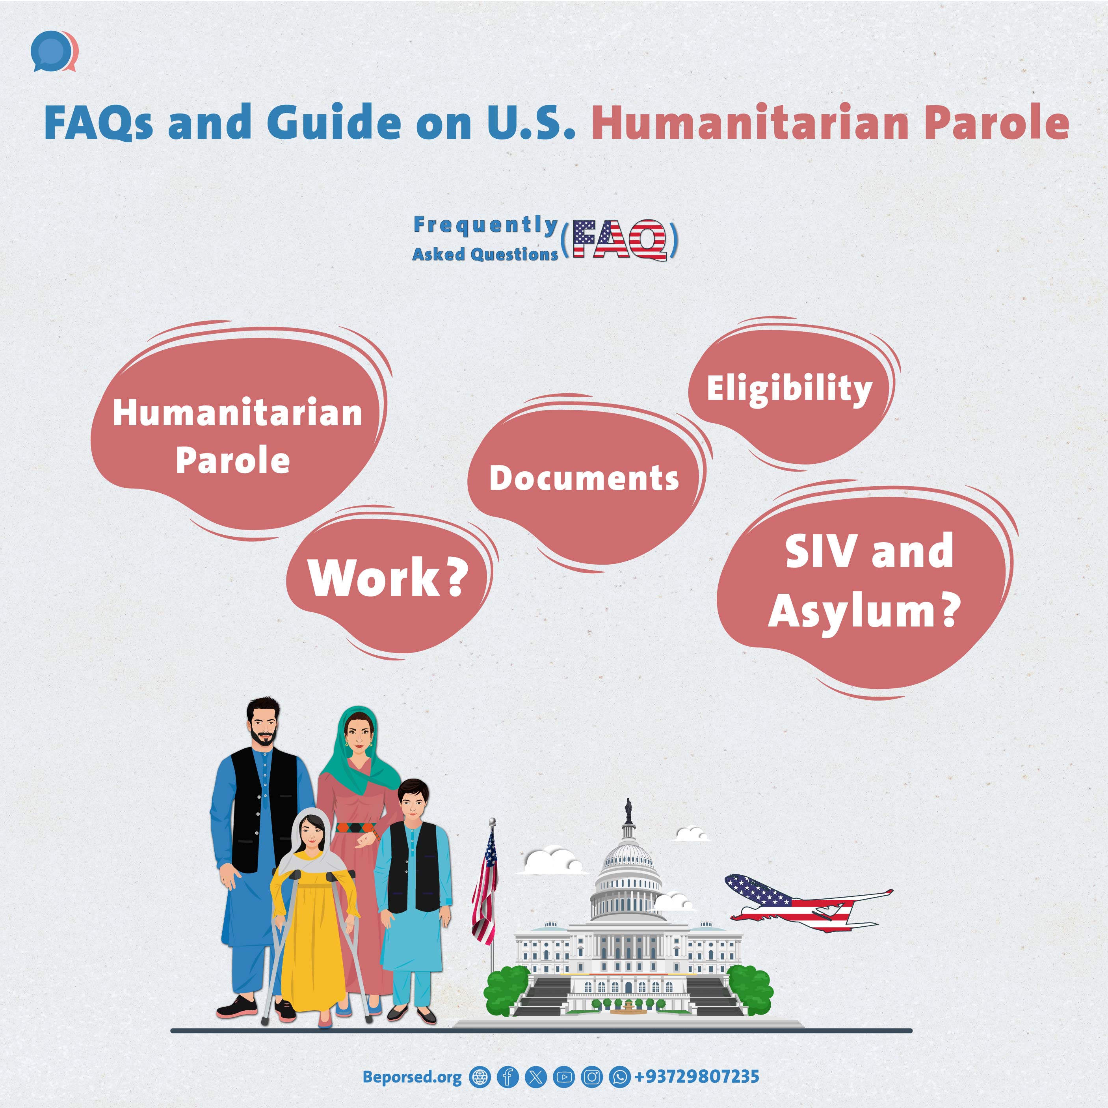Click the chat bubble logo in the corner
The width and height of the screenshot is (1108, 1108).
(x=54, y=53)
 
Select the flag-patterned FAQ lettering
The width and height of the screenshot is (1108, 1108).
(x=621, y=239)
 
